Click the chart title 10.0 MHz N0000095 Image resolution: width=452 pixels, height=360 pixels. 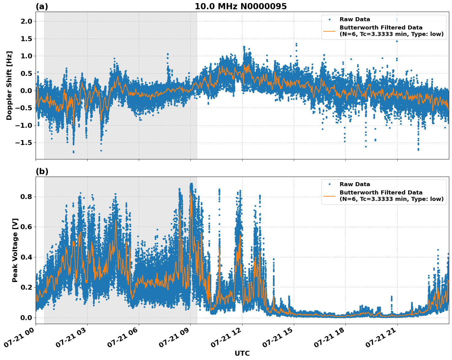pyautogui.click(x=240, y=6)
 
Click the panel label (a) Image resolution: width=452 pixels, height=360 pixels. pyautogui.click(x=42, y=6)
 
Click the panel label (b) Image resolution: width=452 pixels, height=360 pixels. pyautogui.click(x=42, y=171)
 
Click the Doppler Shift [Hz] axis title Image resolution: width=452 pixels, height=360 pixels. pyautogui.click(x=9, y=85)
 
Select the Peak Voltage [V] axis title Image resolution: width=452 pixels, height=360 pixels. pyautogui.click(x=15, y=250)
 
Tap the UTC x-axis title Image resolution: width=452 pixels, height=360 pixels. pyautogui.click(x=242, y=353)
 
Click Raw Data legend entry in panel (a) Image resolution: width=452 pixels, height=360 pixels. pyautogui.click(x=355, y=19)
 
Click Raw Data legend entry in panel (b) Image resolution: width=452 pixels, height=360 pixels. pyautogui.click(x=355, y=184)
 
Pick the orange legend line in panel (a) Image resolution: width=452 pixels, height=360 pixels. pyautogui.click(x=329, y=31)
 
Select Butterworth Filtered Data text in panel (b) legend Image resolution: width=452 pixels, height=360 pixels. pyautogui.click(x=381, y=193)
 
